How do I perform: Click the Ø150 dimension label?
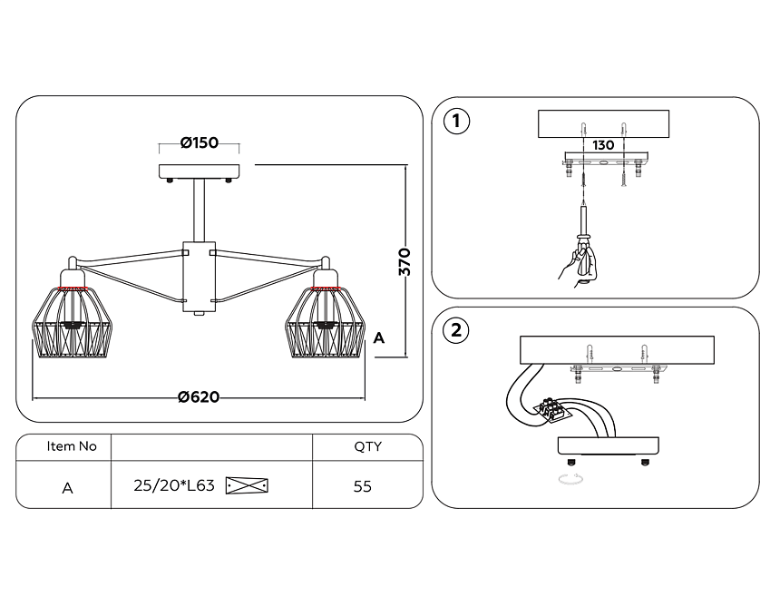click(x=199, y=142)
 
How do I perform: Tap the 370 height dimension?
click(x=405, y=261)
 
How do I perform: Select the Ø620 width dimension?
click(x=199, y=397)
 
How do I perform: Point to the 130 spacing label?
click(x=603, y=145)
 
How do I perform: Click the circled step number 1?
click(x=456, y=121)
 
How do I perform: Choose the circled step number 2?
click(x=456, y=330)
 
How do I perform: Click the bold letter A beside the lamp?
click(x=378, y=338)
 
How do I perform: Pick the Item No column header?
click(x=72, y=446)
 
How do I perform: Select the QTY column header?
click(x=367, y=446)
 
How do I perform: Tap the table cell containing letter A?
click(x=68, y=488)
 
